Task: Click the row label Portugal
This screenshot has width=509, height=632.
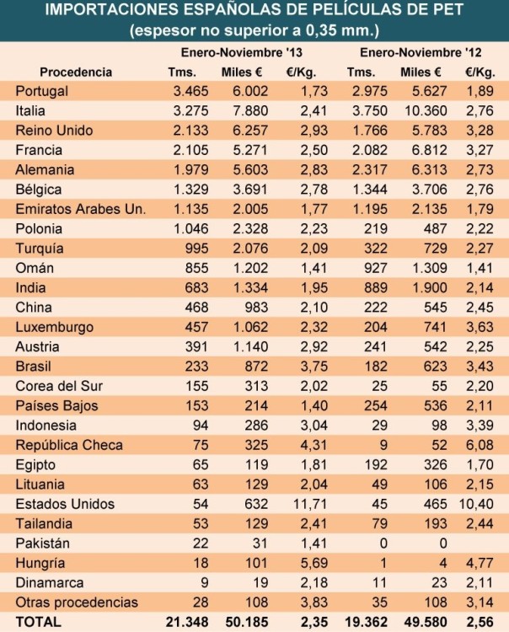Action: [x=41, y=91]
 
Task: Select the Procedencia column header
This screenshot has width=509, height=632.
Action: [x=76, y=72]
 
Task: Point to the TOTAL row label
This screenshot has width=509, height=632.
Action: [x=35, y=621]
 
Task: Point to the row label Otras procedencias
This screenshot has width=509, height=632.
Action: [x=77, y=602]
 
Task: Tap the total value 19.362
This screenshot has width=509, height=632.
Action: [x=362, y=621]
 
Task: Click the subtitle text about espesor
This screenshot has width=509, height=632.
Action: [x=254, y=31]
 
